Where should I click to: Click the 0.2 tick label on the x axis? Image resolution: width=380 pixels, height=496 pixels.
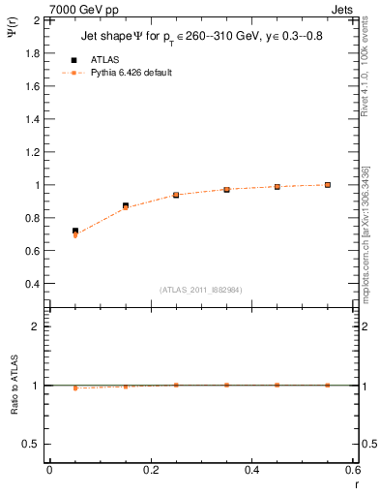pyautogui.click(x=150, y=470)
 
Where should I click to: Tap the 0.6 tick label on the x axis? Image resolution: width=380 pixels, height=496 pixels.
pyautogui.click(x=352, y=470)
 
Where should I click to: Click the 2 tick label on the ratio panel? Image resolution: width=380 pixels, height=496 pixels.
pyautogui.click(x=40, y=327)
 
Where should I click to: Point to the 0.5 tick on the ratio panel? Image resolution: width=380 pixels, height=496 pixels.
pyautogui.click(x=35, y=444)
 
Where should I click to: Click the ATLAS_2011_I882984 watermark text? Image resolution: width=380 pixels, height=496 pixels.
pyautogui.click(x=201, y=290)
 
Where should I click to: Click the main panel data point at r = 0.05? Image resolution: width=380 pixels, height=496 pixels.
pyautogui.click(x=75, y=232)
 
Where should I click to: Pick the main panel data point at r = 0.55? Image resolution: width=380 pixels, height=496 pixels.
pyautogui.click(x=328, y=184)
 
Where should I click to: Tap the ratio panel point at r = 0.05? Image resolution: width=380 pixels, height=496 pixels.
pyautogui.click(x=75, y=387)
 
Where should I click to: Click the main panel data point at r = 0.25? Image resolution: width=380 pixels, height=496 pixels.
pyautogui.click(x=176, y=195)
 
